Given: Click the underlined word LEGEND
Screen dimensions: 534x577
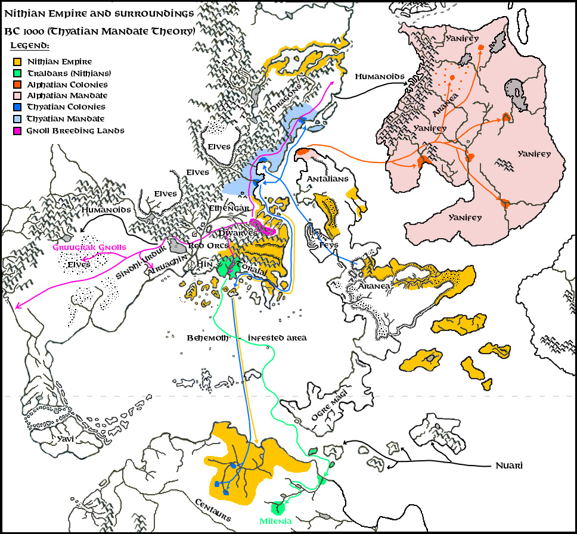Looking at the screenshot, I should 30,46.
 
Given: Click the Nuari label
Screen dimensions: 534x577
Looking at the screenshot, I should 509,466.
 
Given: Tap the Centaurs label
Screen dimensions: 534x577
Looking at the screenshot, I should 213,510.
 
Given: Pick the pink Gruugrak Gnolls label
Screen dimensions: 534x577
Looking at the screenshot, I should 89,247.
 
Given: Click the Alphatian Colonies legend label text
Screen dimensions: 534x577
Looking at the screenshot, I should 67,85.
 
